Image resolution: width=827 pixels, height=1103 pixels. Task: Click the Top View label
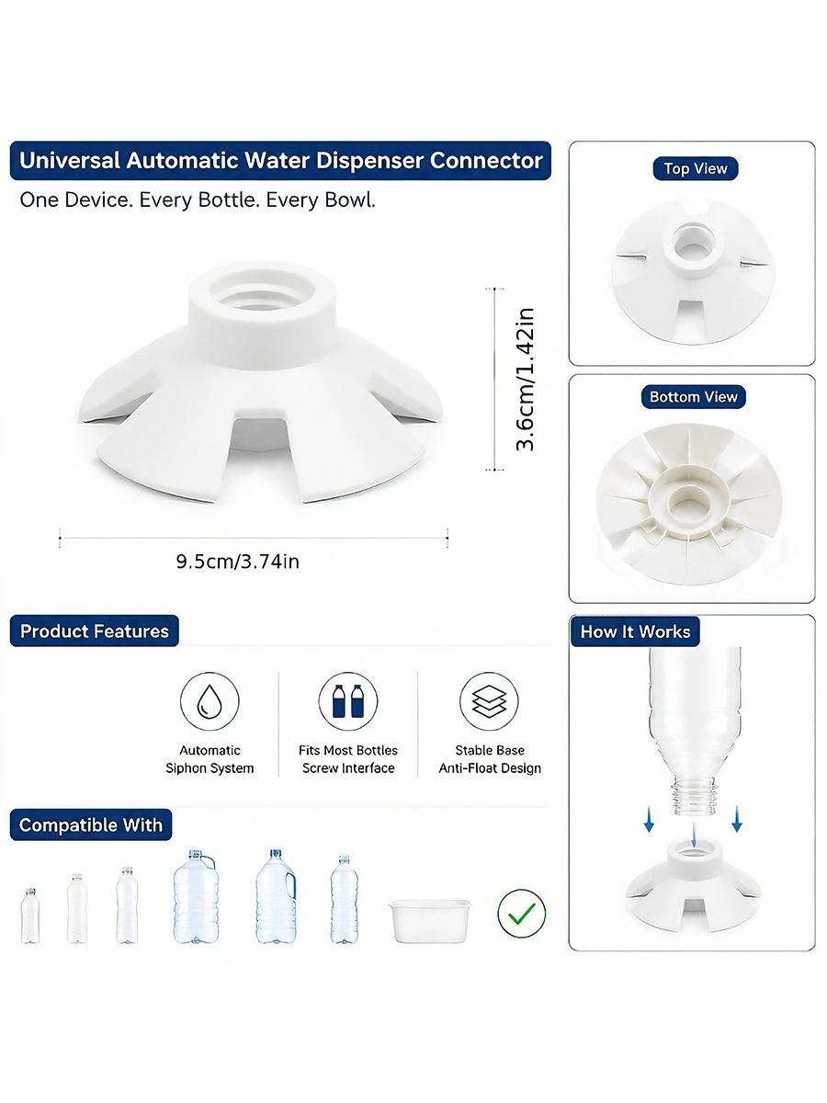tap(695, 169)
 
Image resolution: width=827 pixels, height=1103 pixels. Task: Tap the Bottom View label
tap(693, 397)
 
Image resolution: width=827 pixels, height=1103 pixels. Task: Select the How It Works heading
tap(635, 631)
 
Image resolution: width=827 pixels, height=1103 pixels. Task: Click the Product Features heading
tap(95, 631)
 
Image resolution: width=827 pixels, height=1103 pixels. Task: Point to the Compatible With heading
tap(91, 824)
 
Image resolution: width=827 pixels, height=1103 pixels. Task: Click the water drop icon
tap(210, 701)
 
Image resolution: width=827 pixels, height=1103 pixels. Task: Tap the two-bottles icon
tap(348, 701)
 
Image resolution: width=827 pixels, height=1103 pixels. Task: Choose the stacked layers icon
tap(489, 701)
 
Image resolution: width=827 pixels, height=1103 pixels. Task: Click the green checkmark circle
tap(521, 913)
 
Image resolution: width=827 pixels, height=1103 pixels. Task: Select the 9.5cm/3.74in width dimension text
tap(237, 562)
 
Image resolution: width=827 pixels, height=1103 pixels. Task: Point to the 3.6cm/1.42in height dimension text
tap(526, 380)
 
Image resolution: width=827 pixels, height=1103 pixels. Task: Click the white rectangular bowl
tap(429, 921)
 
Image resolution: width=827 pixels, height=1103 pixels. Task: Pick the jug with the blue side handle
tap(276, 896)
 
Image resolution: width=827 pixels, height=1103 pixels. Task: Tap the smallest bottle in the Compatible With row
tap(30, 915)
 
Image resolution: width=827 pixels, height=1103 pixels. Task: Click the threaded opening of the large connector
tap(262, 293)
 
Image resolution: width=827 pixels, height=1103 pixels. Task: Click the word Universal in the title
tap(69, 161)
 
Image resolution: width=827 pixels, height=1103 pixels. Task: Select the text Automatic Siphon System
tap(210, 759)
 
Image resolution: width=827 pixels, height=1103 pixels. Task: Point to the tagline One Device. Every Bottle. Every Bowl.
tap(198, 200)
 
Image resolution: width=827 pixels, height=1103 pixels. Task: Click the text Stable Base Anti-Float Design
tap(490, 759)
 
